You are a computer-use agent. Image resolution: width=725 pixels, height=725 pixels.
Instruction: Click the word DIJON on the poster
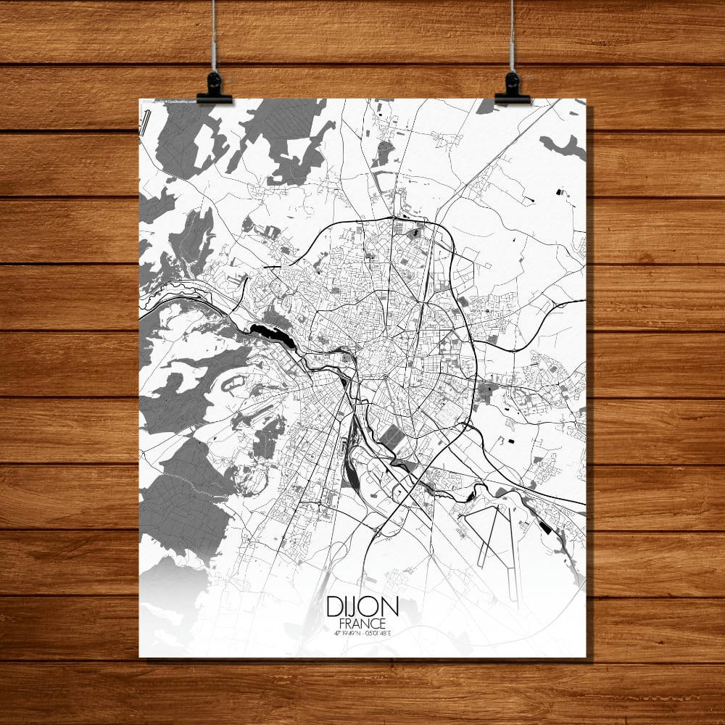coord(362,606)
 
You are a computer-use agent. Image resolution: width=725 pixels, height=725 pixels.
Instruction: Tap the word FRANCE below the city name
coord(362,623)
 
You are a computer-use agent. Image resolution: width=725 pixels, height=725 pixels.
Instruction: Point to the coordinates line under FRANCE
coord(362,632)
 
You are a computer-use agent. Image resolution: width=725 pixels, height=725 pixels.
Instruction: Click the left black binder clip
coord(214,88)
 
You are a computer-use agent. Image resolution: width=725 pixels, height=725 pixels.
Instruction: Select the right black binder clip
coord(512,88)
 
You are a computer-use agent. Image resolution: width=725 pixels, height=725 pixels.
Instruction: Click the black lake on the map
coord(272,335)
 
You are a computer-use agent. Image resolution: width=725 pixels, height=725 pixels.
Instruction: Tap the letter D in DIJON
coord(335,606)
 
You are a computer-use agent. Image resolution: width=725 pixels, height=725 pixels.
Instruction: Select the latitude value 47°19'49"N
coord(344,632)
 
